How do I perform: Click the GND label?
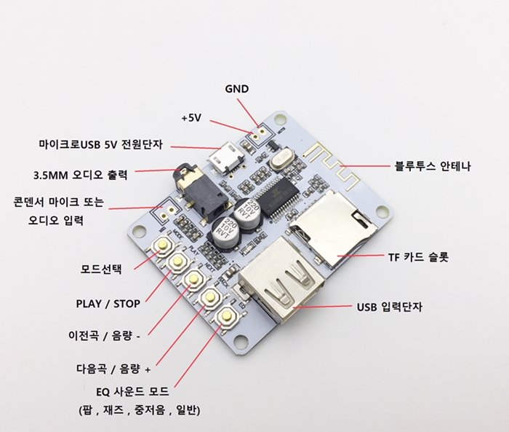click(236, 89)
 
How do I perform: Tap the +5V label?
click(192, 117)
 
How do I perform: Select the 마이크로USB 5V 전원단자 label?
click(104, 144)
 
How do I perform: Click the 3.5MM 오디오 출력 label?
click(81, 175)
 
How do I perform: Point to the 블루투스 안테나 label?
click(432, 166)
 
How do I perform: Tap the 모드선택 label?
click(101, 269)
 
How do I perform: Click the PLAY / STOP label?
click(108, 303)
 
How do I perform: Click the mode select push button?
click(161, 248)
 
